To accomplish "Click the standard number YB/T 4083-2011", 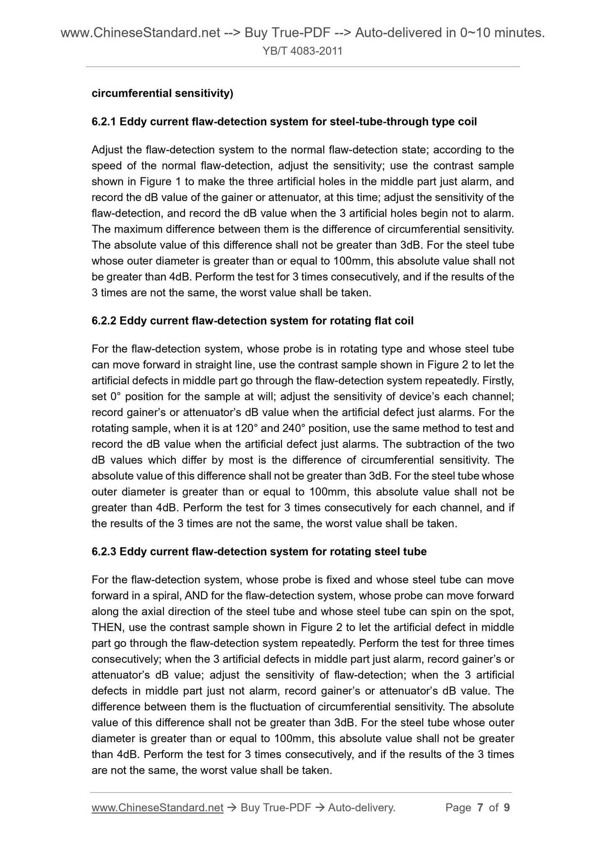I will coord(303,51).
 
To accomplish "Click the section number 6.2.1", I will coord(104,122).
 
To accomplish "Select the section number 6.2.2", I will coord(104,321).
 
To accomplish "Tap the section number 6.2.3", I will coord(104,551).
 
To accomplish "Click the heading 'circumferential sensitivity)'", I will coord(162,93).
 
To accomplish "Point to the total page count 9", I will coord(507,808).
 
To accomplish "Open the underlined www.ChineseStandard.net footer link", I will coord(157,808).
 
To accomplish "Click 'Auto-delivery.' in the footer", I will coord(362,808).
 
